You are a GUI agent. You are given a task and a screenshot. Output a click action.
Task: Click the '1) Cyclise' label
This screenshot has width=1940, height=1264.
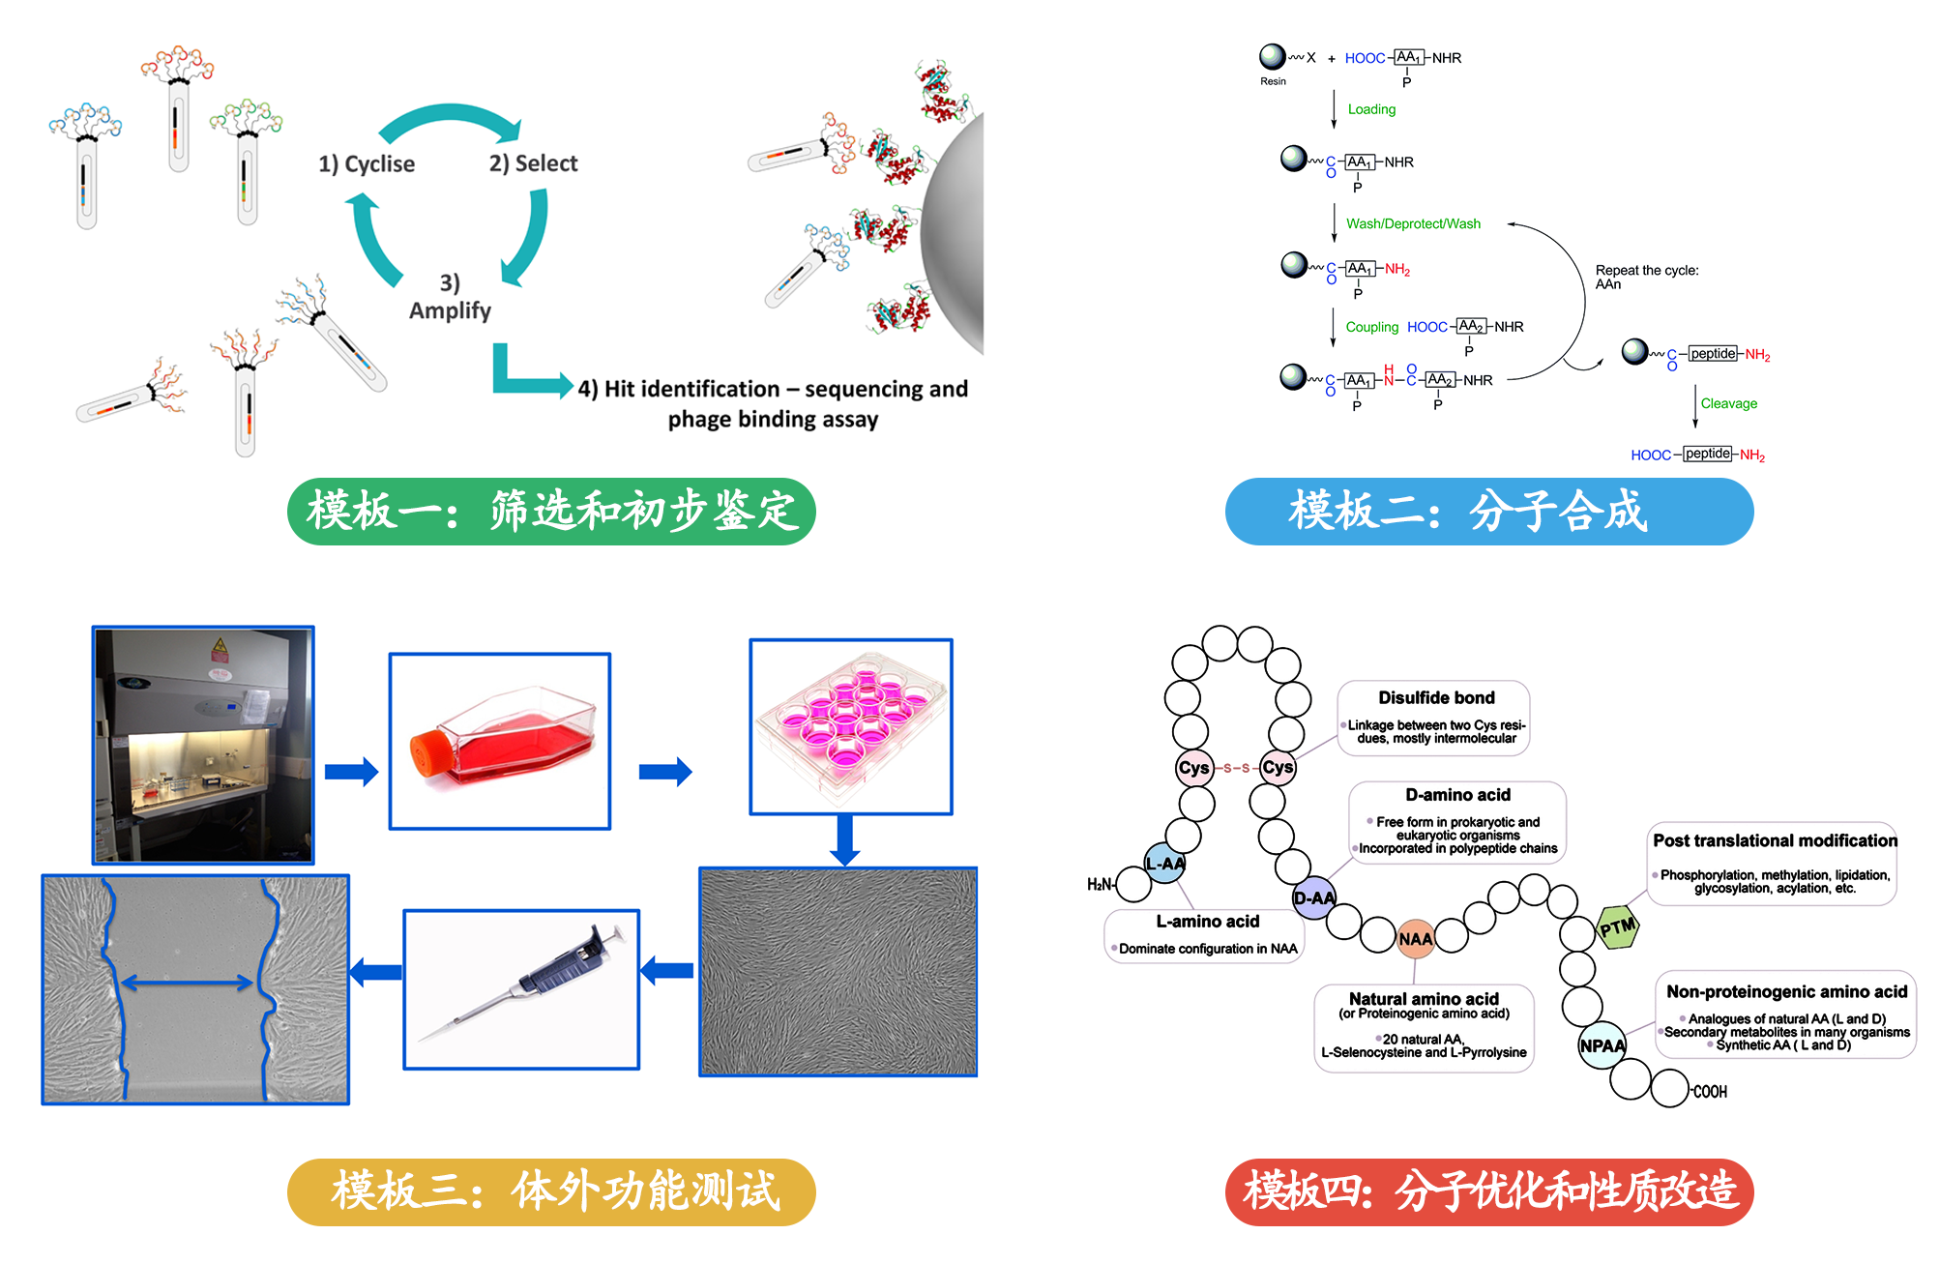(x=367, y=164)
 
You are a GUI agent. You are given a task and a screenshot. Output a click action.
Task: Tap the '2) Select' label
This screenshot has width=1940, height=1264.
(x=533, y=163)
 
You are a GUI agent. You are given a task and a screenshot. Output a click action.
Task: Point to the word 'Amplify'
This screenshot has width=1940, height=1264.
(x=450, y=310)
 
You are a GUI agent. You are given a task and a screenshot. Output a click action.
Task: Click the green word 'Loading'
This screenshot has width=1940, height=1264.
(x=1371, y=109)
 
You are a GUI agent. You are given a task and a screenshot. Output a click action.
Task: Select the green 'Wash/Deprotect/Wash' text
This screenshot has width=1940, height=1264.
(x=1413, y=223)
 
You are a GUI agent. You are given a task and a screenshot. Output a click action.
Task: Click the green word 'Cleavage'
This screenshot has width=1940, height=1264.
(x=1728, y=403)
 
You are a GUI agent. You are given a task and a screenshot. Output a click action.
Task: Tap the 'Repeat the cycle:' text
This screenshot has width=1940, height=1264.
(x=1646, y=270)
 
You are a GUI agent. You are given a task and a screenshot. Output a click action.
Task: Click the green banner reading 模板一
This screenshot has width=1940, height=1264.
(x=551, y=511)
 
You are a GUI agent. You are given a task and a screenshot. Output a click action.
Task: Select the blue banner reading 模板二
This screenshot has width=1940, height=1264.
(x=1488, y=511)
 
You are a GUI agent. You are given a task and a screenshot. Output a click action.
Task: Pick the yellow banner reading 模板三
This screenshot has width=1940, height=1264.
(x=551, y=1191)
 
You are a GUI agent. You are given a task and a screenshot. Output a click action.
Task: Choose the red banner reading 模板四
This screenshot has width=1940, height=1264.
(x=1488, y=1191)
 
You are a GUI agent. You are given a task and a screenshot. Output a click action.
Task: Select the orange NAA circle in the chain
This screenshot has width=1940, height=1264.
(x=1415, y=939)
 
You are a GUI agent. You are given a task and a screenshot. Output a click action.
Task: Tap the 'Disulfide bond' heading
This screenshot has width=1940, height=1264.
(x=1436, y=697)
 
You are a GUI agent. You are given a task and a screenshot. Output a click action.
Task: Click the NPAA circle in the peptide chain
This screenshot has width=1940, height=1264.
(x=1602, y=1045)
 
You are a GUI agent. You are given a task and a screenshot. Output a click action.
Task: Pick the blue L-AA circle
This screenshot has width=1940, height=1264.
(x=1165, y=863)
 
